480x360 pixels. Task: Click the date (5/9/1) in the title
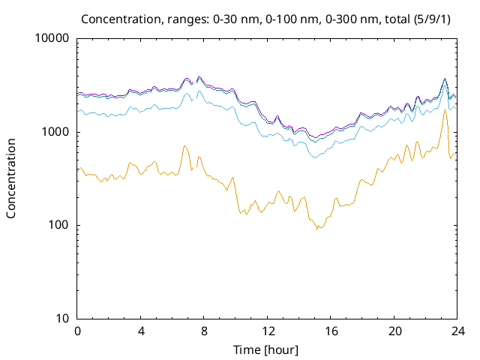[381, 18]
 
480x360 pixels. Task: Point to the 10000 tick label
[52, 39]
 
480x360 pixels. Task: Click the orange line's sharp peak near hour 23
[445, 110]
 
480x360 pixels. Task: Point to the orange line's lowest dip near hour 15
[317, 229]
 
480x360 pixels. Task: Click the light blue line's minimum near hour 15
[315, 157]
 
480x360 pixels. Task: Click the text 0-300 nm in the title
[294, 18]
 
